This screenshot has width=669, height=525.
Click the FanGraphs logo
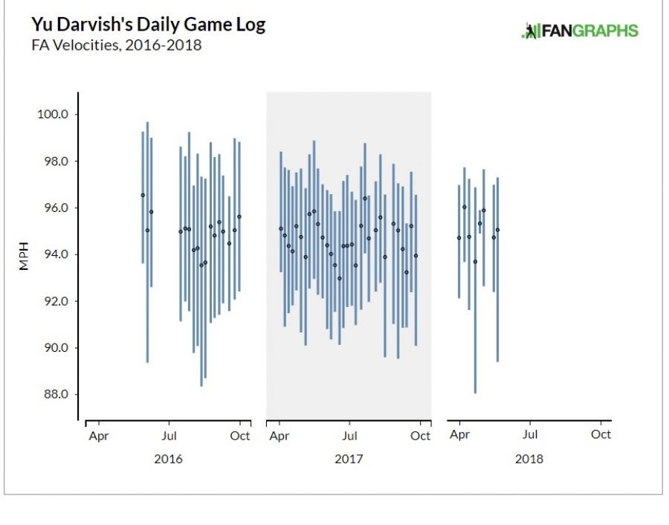tap(581, 30)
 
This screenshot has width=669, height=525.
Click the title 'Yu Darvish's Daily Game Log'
tap(148, 25)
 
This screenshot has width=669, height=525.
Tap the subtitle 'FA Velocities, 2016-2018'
tap(116, 45)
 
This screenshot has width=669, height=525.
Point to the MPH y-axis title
tap(24, 254)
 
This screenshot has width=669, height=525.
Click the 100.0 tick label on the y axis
tap(54, 115)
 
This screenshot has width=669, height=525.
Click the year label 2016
tap(168, 459)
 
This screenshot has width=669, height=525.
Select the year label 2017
tap(349, 459)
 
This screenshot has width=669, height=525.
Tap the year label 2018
tap(529, 459)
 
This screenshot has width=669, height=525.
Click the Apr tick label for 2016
tap(98, 436)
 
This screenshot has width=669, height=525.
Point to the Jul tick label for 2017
tap(349, 436)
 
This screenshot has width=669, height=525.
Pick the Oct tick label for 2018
tap(601, 435)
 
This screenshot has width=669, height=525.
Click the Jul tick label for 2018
tap(530, 435)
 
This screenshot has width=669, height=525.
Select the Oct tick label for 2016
tap(240, 436)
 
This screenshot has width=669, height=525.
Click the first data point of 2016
tap(143, 196)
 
